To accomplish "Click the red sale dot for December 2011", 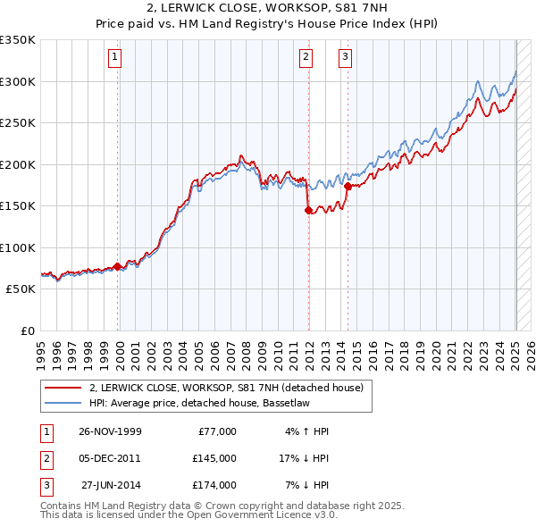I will coord(308,211).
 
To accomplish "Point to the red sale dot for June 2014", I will coord(347,186).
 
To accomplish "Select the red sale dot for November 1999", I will coord(118,266).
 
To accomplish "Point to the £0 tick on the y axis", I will coord(29,330).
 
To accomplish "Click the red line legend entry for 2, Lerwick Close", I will coord(226,389).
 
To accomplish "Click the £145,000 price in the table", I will coord(214,458).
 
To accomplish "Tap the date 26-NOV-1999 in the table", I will coord(110,431).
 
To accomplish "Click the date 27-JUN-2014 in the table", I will coord(111,485).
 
